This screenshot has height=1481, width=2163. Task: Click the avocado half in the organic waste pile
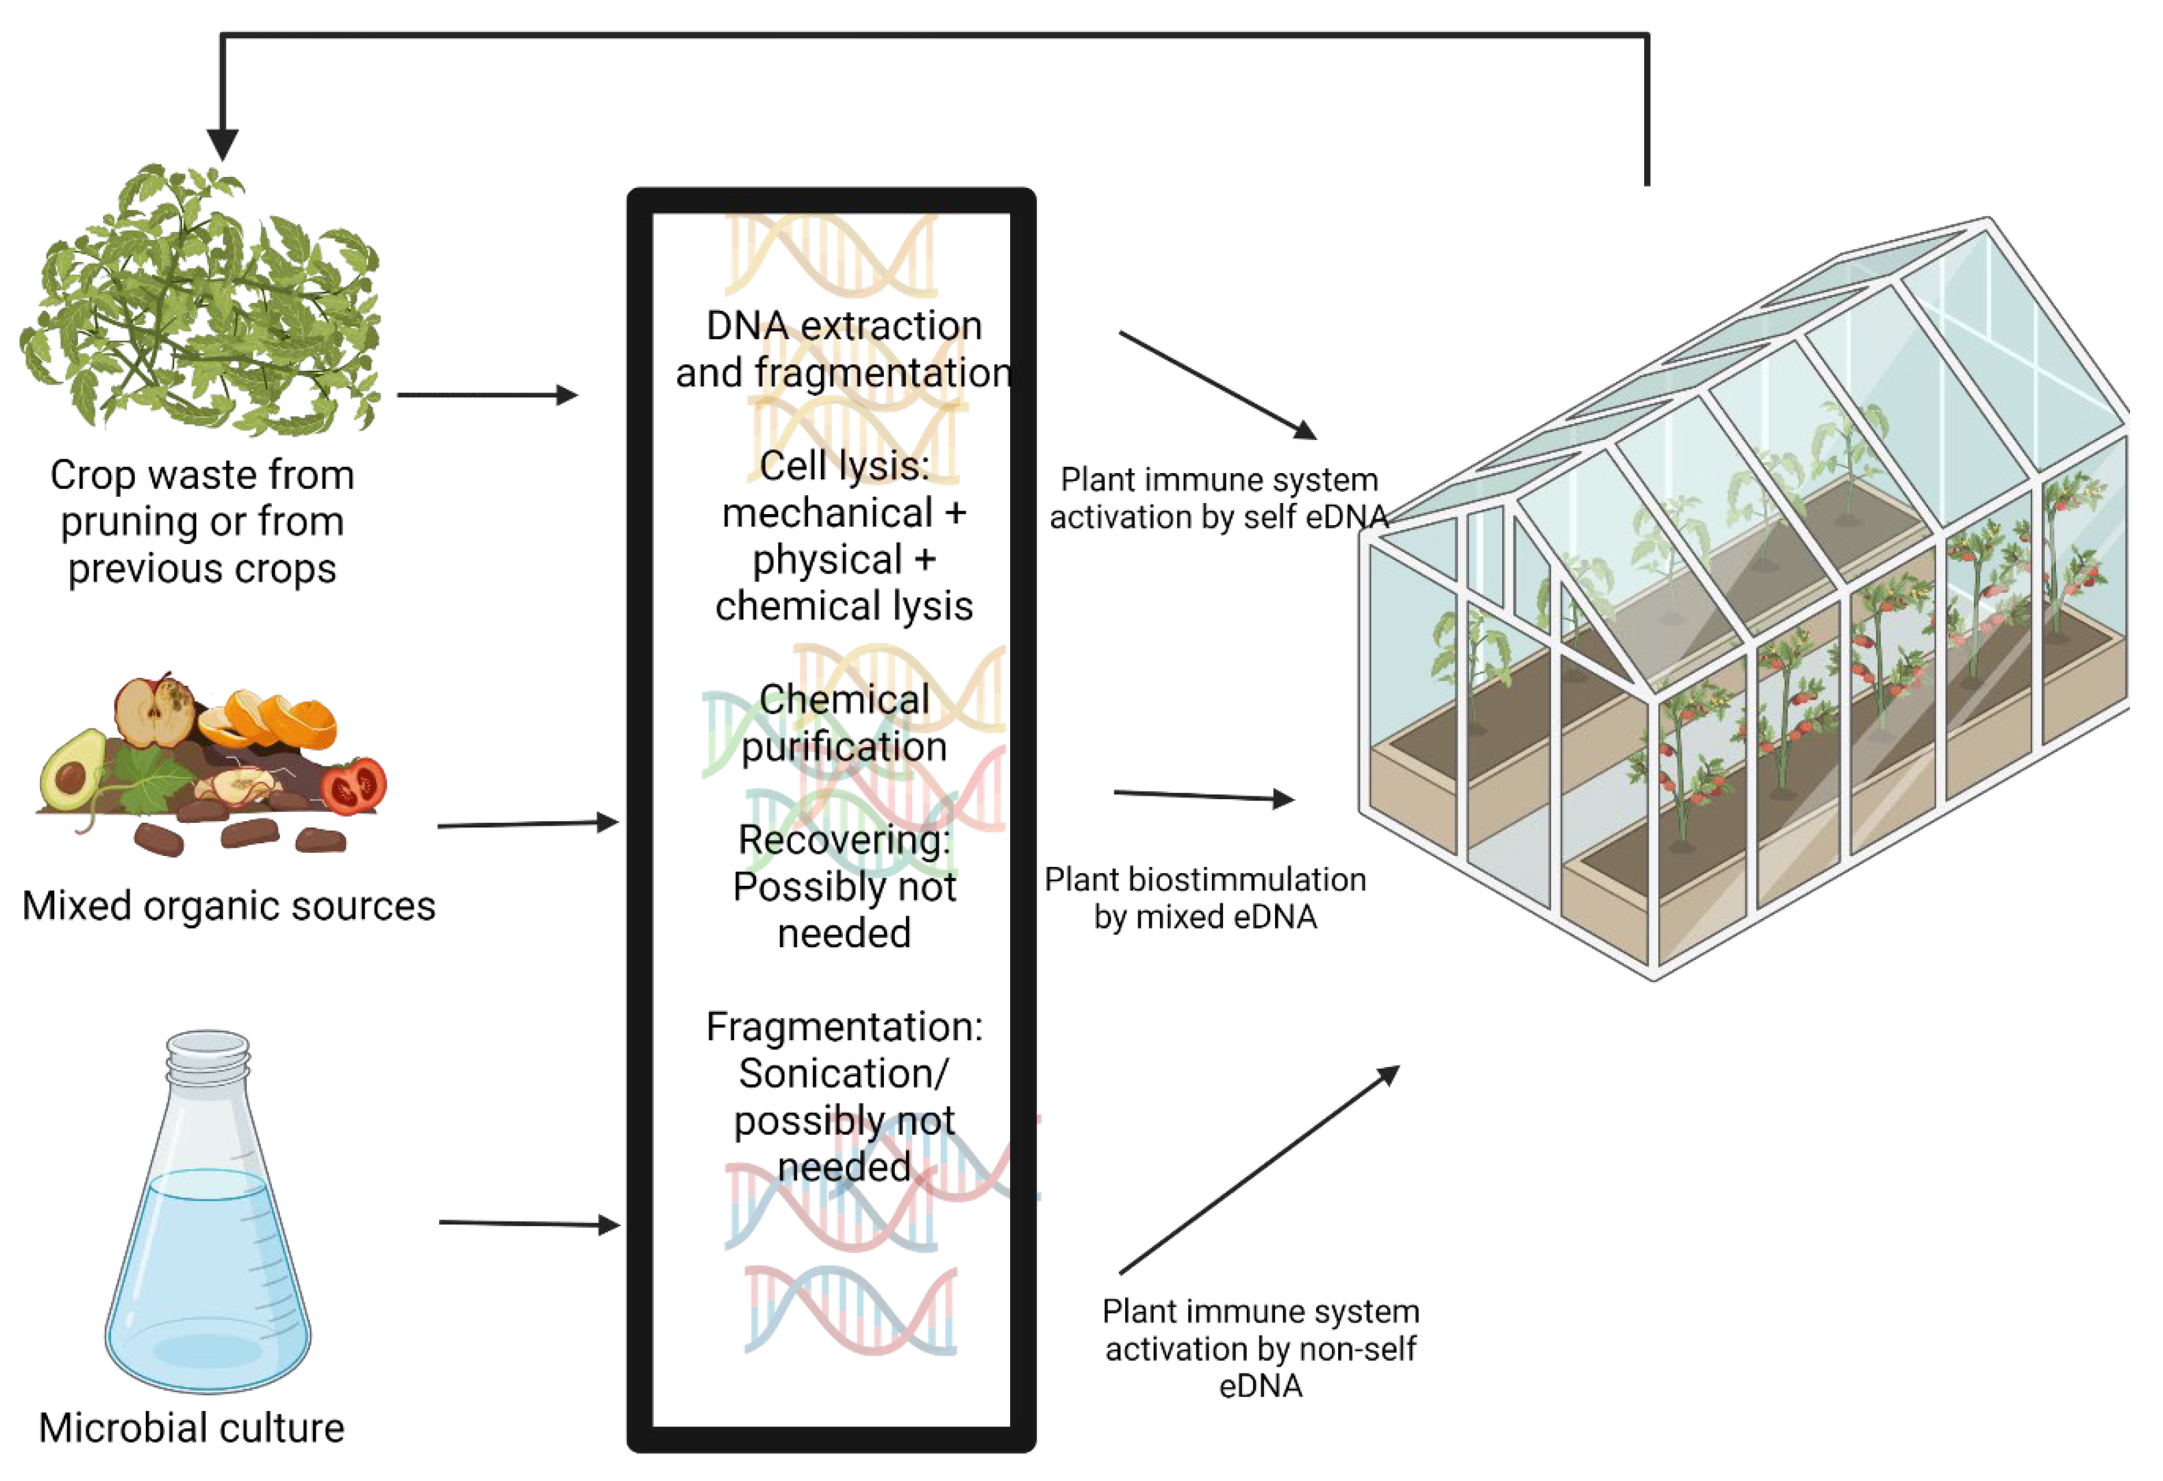pos(72,770)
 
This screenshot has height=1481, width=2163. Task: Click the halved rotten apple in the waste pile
pos(156,712)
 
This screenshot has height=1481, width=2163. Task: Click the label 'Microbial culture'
pos(191,1427)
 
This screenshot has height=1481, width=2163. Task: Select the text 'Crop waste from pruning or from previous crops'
pos(202,521)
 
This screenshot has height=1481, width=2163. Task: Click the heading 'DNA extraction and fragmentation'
pos(843,349)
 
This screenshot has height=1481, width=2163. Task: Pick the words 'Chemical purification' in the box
pos(843,723)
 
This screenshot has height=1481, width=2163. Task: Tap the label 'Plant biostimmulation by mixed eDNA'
pos(1204,898)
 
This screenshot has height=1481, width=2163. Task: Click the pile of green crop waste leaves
pos(200,302)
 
